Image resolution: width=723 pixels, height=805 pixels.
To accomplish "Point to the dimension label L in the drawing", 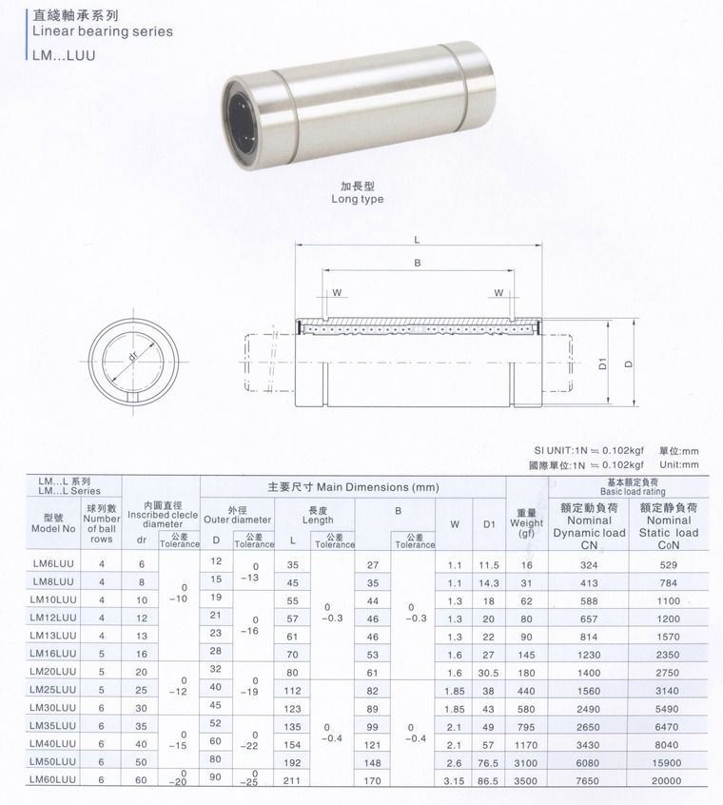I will coord(418,239).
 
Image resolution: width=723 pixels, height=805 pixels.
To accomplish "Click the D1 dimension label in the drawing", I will coord(603,363).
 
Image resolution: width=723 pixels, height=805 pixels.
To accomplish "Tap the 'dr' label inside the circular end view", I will coord(133,357).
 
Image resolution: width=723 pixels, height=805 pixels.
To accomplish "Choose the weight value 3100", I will coord(526,762).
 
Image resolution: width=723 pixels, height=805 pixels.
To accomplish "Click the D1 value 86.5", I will coord(490,780).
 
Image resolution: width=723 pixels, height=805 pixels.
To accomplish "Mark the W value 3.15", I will coord(455,780).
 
